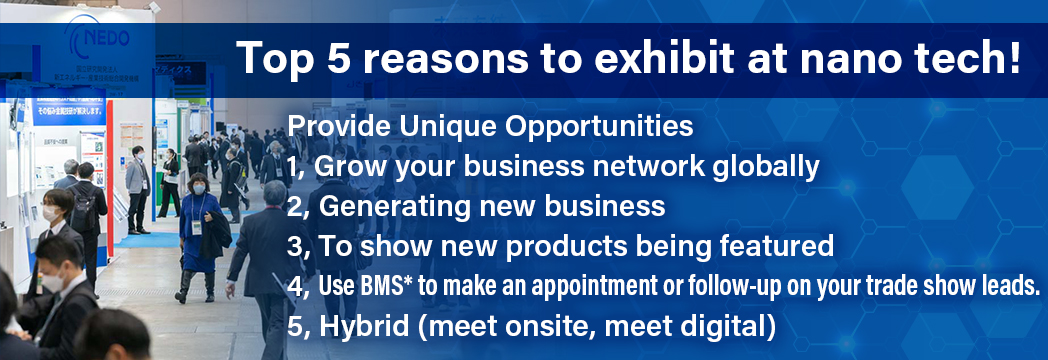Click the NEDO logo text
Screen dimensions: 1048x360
click(x=106, y=38)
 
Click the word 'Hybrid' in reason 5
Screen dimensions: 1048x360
click(x=364, y=327)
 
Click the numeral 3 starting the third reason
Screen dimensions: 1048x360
click(x=295, y=246)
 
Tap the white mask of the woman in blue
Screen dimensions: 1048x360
click(x=199, y=190)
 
